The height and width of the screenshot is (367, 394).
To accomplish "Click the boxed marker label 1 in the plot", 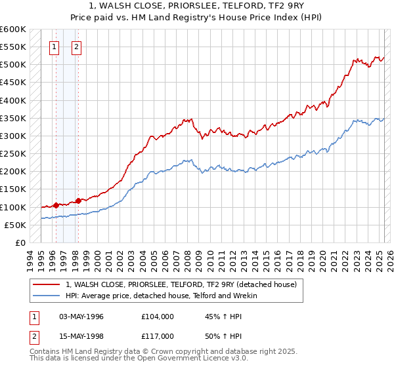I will (x=54, y=47).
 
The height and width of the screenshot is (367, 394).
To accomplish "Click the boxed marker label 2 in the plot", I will (x=77, y=47).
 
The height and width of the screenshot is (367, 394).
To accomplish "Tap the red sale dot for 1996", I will (x=56, y=205).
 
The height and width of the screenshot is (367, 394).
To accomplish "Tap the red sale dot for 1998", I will (x=78, y=201).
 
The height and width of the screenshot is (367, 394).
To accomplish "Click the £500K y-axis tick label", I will (x=13, y=65).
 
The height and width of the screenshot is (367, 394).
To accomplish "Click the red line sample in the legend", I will (x=47, y=284).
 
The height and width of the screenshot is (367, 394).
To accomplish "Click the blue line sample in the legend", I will (x=47, y=296).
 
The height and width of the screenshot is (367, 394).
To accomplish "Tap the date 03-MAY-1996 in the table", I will (x=81, y=317).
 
